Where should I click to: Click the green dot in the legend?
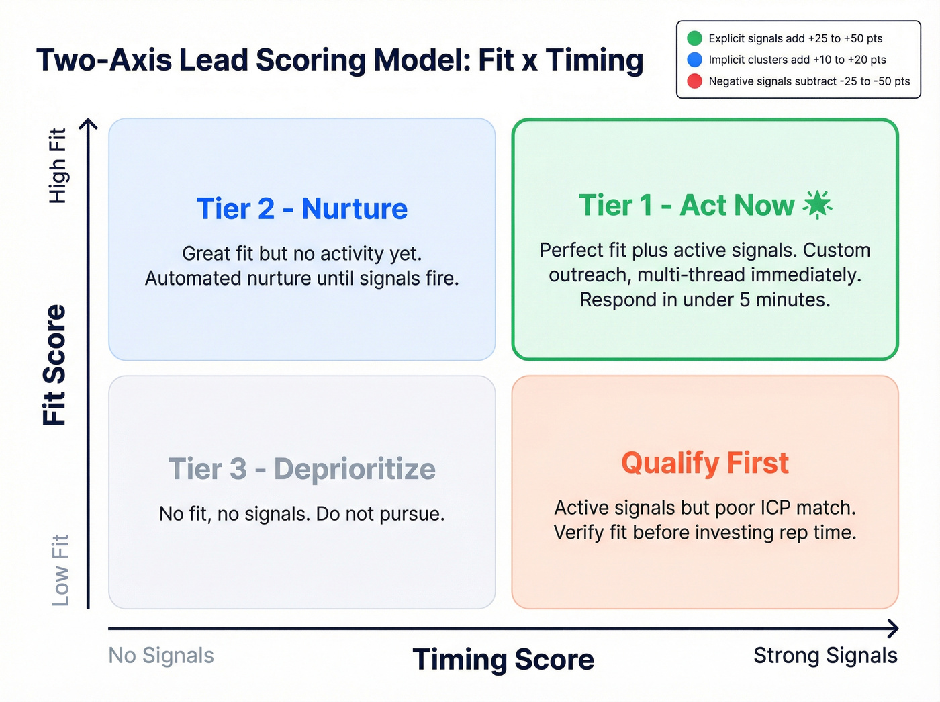click(x=695, y=38)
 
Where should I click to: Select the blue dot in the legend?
click(x=695, y=60)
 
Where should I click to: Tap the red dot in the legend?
click(x=695, y=81)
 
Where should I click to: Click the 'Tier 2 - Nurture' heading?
click(x=301, y=209)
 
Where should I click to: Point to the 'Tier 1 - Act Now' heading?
click(x=686, y=206)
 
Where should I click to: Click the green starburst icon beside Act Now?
click(x=817, y=205)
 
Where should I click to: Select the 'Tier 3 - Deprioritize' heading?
click(x=301, y=469)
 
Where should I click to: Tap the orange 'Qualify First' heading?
click(x=704, y=464)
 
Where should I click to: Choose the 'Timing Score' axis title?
click(x=503, y=659)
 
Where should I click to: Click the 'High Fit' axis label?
click(x=58, y=165)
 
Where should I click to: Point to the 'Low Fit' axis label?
click(x=60, y=570)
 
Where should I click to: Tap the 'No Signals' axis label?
click(x=161, y=656)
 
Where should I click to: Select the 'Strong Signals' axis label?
click(x=825, y=656)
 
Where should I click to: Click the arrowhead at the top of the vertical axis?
click(x=89, y=124)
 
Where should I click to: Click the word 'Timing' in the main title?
click(x=594, y=60)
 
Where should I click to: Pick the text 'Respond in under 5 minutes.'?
click(x=704, y=300)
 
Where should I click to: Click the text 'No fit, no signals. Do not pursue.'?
click(x=301, y=514)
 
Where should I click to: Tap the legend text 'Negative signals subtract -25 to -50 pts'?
click(x=809, y=81)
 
